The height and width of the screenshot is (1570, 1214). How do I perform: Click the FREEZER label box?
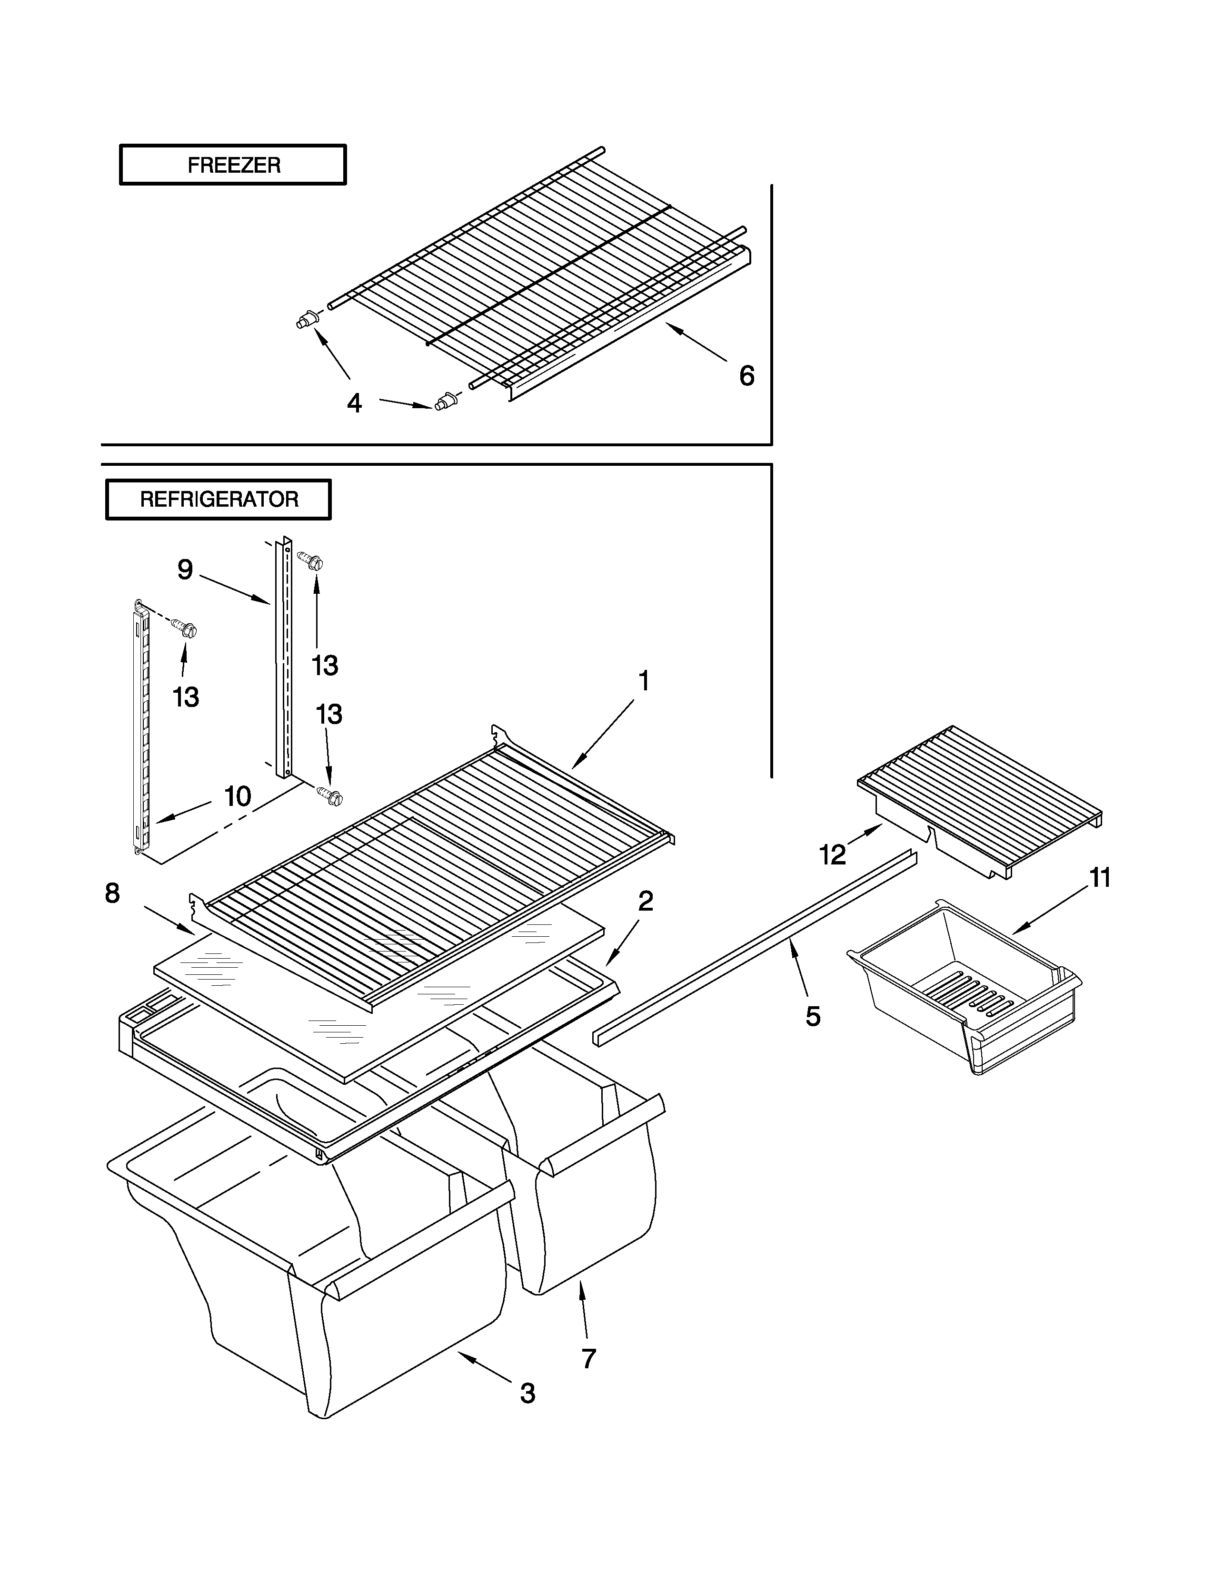pos(232,166)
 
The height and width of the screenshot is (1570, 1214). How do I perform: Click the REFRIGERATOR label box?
pos(219,500)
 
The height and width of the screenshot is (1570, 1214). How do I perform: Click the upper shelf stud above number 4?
pos(308,320)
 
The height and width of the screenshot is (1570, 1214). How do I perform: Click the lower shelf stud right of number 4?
pos(446,401)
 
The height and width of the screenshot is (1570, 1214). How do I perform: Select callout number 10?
pos(238,796)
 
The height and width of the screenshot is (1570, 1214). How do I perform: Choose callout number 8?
pos(112,893)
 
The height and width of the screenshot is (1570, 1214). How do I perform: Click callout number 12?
pos(833,854)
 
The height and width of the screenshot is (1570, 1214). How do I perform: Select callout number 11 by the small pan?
pos(1100,878)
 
